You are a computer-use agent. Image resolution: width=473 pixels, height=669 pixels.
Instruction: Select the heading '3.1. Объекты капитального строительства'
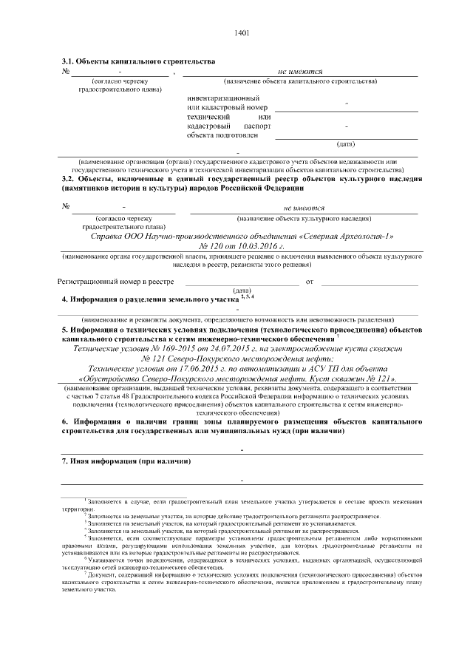tap(138, 60)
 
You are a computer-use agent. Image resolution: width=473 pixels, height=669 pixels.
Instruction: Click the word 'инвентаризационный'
tap(223, 98)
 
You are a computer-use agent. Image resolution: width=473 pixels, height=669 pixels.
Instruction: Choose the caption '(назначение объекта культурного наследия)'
tap(304, 219)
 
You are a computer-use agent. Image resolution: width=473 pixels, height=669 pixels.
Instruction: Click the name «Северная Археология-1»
tap(347, 236)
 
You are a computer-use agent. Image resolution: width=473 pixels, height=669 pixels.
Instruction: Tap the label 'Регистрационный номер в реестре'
tap(116, 281)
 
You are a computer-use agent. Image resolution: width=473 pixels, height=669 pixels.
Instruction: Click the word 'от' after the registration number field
tap(310, 281)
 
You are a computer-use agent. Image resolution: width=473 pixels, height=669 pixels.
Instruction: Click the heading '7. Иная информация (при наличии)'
tap(126, 461)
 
